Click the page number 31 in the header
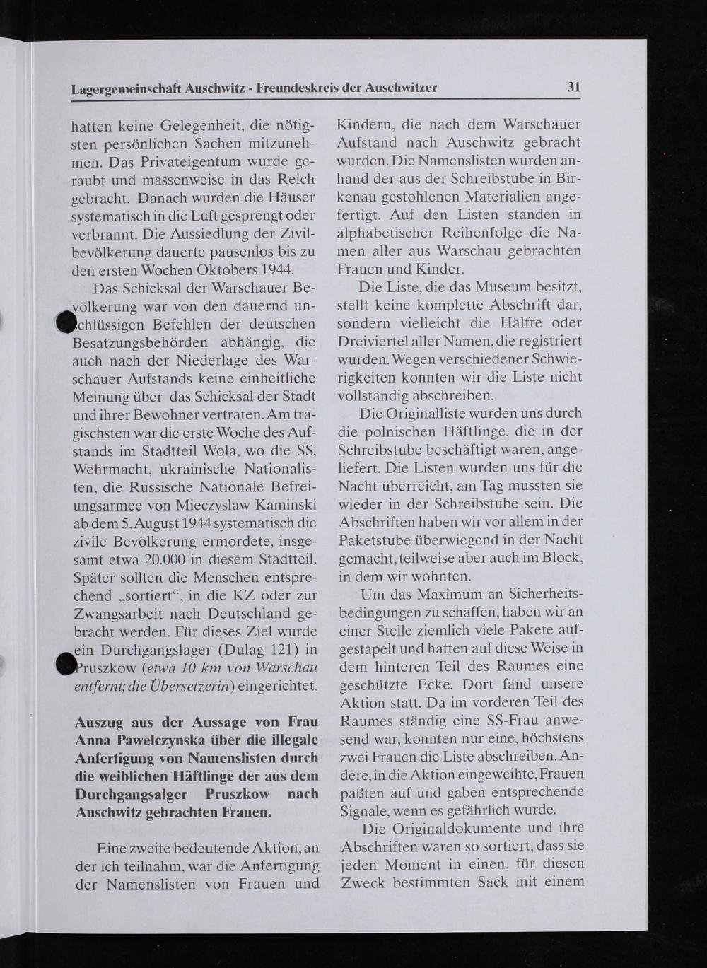tap(573, 87)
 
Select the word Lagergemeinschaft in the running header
tap(127, 89)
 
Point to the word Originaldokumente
tap(452, 827)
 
